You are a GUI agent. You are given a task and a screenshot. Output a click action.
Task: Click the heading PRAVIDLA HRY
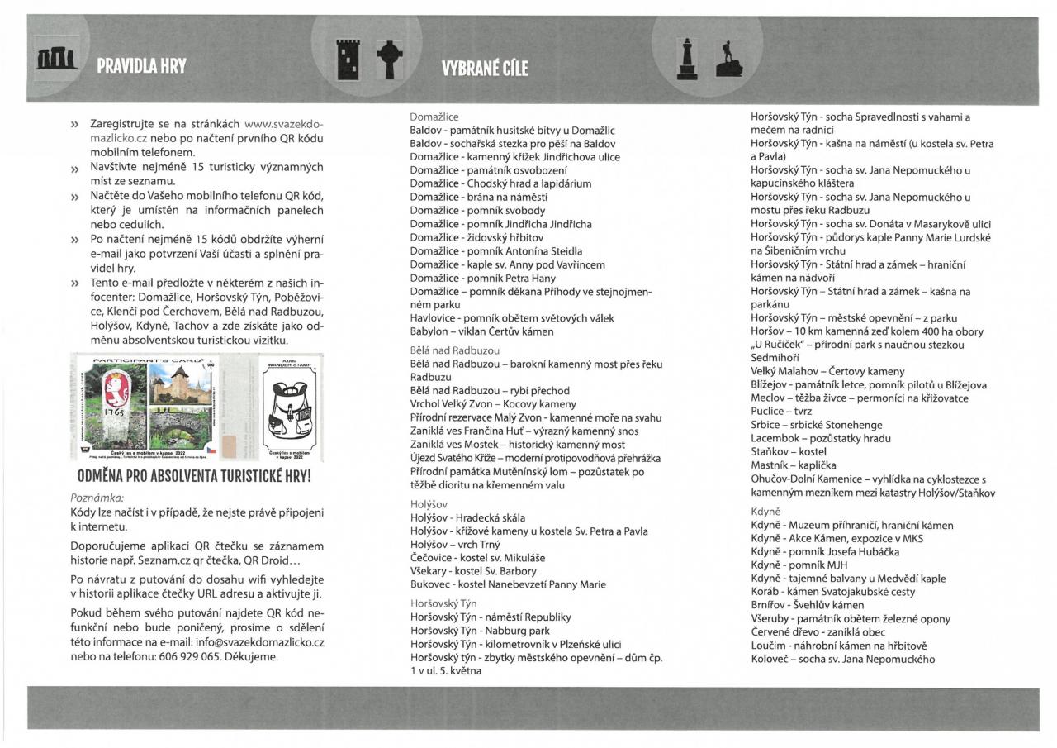tap(141, 66)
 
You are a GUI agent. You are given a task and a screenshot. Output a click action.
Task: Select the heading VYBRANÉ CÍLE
tap(485, 68)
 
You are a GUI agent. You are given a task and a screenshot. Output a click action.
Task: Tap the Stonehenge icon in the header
tap(57, 60)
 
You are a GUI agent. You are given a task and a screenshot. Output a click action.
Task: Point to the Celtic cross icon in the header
tap(389, 60)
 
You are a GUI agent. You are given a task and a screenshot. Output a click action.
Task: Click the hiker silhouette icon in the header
tap(728, 59)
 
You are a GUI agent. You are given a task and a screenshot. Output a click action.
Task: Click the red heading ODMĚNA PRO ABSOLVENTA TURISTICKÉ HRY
tap(194, 477)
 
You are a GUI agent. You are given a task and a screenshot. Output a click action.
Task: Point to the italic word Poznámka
tap(97, 498)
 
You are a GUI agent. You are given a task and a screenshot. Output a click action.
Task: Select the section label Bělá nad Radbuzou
tap(455, 350)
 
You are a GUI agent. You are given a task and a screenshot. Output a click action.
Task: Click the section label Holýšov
tap(429, 503)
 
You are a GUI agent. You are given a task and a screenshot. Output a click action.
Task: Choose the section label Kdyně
tap(765, 512)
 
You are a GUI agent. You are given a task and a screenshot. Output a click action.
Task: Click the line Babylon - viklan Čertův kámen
tap(481, 331)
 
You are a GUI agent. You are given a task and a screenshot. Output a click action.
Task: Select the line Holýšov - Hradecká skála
tap(467, 518)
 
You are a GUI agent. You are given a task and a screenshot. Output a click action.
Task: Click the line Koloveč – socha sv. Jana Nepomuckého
tap(842, 659)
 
